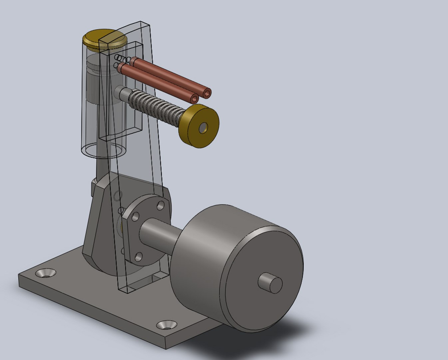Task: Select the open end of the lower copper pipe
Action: point(195,99)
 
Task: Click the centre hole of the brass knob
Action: point(203,127)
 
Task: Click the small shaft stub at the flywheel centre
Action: point(270,283)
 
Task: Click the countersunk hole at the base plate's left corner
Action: point(46,273)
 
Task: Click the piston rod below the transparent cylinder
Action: point(101,167)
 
